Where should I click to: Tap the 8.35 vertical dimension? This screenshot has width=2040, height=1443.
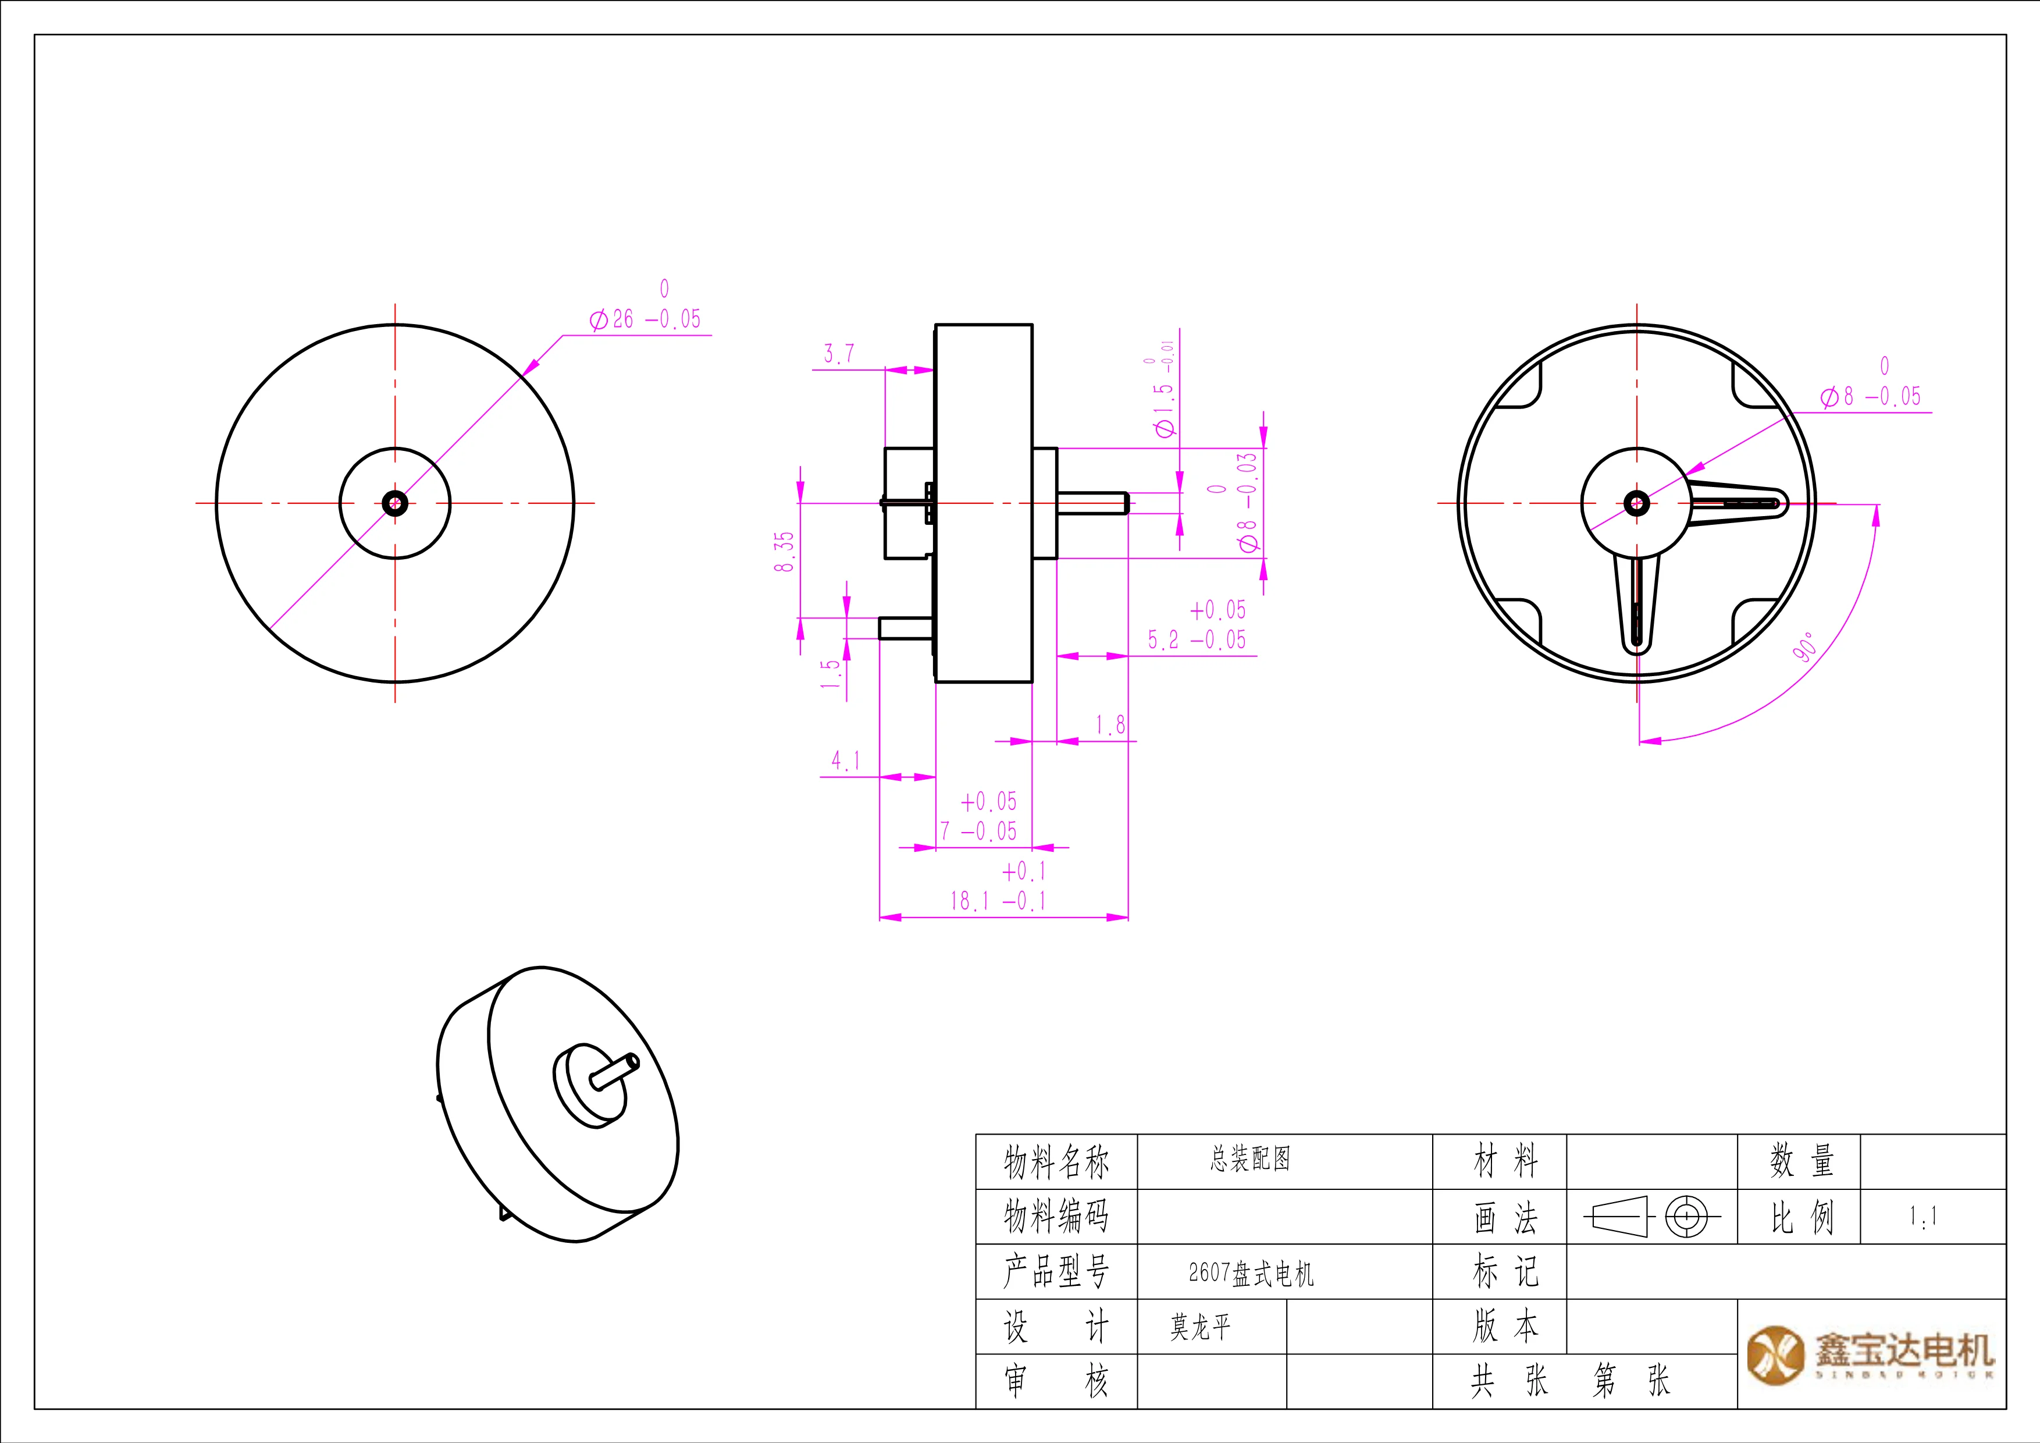coord(784,551)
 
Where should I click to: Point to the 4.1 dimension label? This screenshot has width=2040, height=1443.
coord(845,760)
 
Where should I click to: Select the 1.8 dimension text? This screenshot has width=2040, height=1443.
coord(1110,725)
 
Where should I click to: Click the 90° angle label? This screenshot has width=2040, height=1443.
coord(1804,648)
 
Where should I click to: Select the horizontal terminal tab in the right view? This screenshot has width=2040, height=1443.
coord(1737,504)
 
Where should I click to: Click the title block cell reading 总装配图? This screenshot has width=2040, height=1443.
coord(1249,1158)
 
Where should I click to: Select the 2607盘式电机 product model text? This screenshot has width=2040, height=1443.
coord(1250,1273)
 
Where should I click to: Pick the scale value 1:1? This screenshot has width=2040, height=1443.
coord(1922,1217)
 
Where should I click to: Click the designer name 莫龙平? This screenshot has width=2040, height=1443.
coord(1199,1327)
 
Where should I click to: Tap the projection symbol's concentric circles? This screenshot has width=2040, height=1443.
coord(1686,1217)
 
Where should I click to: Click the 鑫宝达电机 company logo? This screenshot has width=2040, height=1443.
coord(1870,1354)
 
